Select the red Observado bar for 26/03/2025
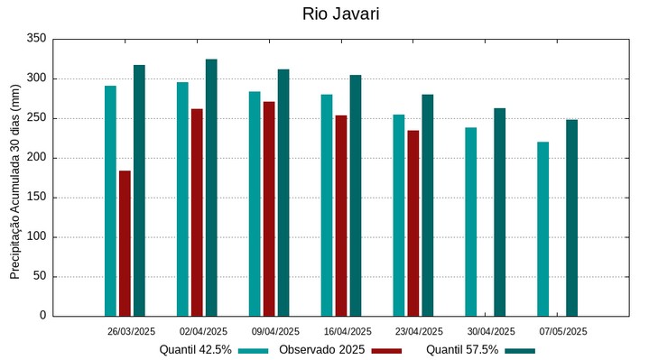point(125,243)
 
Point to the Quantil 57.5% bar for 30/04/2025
point(499,212)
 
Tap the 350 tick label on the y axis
point(36,39)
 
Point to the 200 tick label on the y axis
point(36,158)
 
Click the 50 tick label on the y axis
point(39,276)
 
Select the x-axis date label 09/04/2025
point(275,331)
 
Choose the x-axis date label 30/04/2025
point(491,331)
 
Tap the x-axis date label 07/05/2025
point(563,331)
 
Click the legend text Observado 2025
point(321,350)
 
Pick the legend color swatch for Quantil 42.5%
point(254,350)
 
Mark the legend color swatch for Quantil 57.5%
point(520,350)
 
